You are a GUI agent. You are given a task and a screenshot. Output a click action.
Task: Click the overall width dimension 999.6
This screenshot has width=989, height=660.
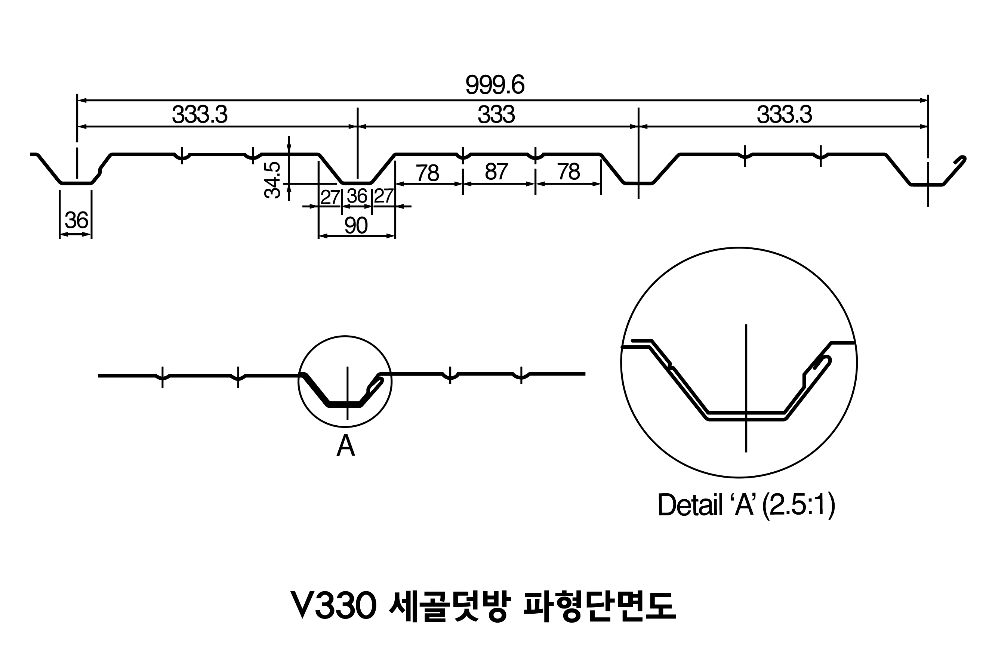click(x=495, y=85)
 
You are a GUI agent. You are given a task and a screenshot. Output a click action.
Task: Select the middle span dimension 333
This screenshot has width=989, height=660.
click(x=496, y=114)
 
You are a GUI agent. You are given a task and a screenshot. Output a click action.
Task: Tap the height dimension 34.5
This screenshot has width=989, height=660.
click(x=273, y=180)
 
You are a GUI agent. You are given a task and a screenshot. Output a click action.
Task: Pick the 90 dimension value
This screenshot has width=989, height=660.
click(x=356, y=226)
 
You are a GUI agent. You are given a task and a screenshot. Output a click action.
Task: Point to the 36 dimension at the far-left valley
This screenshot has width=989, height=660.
click(x=77, y=220)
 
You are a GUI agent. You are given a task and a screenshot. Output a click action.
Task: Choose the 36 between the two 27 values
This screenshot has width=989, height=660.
click(x=357, y=196)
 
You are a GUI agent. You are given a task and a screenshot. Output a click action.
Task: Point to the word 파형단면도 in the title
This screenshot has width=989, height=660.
click(x=599, y=606)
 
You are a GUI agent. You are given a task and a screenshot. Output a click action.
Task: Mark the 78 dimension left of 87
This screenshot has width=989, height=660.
click(x=428, y=173)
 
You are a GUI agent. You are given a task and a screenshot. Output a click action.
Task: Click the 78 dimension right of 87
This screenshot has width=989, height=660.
click(x=569, y=172)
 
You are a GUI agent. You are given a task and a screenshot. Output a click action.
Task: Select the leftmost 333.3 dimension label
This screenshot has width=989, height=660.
click(x=200, y=114)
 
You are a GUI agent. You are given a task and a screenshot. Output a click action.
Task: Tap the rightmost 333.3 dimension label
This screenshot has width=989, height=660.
click(x=785, y=114)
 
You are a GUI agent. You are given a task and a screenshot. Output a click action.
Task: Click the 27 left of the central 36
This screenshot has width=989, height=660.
click(x=330, y=197)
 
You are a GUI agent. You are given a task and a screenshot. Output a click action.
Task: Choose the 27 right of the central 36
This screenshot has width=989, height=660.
click(x=383, y=196)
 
